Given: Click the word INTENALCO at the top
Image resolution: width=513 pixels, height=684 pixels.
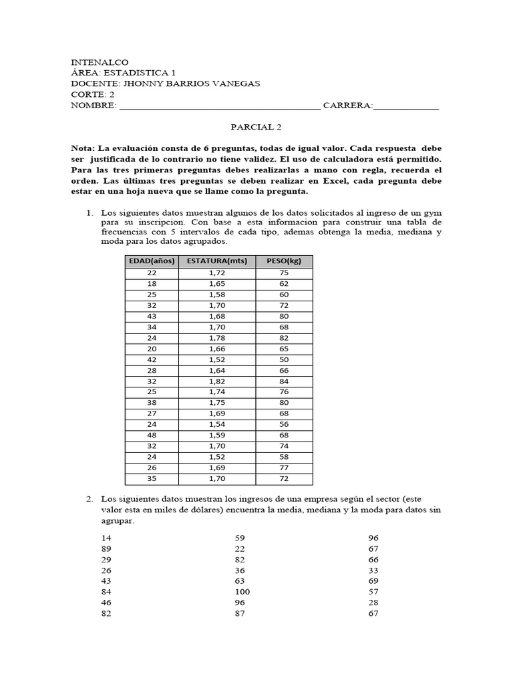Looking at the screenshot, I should (100, 61).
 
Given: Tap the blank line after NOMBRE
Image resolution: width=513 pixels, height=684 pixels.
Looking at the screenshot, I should (219, 106).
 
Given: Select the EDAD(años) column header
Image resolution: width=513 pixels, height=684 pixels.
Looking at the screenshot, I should (151, 261).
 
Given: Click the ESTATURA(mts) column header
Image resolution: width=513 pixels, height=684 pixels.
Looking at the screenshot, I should (217, 261).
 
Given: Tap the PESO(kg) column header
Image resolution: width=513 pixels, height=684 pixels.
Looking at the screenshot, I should (284, 261).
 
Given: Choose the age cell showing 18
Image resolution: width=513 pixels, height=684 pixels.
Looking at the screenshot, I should (151, 283).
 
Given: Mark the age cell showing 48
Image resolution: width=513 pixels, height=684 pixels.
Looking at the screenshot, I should (151, 436).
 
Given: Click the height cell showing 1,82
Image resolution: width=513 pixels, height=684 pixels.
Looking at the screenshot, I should (217, 381).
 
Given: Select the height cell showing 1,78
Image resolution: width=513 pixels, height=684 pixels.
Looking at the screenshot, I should (217, 337).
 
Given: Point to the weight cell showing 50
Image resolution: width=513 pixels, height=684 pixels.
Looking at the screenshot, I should (284, 359).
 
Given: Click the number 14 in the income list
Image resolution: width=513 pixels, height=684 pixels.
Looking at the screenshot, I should (107, 538).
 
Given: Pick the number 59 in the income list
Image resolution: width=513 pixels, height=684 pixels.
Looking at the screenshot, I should (240, 538).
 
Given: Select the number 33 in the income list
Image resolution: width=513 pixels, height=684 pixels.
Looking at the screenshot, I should (373, 570).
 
